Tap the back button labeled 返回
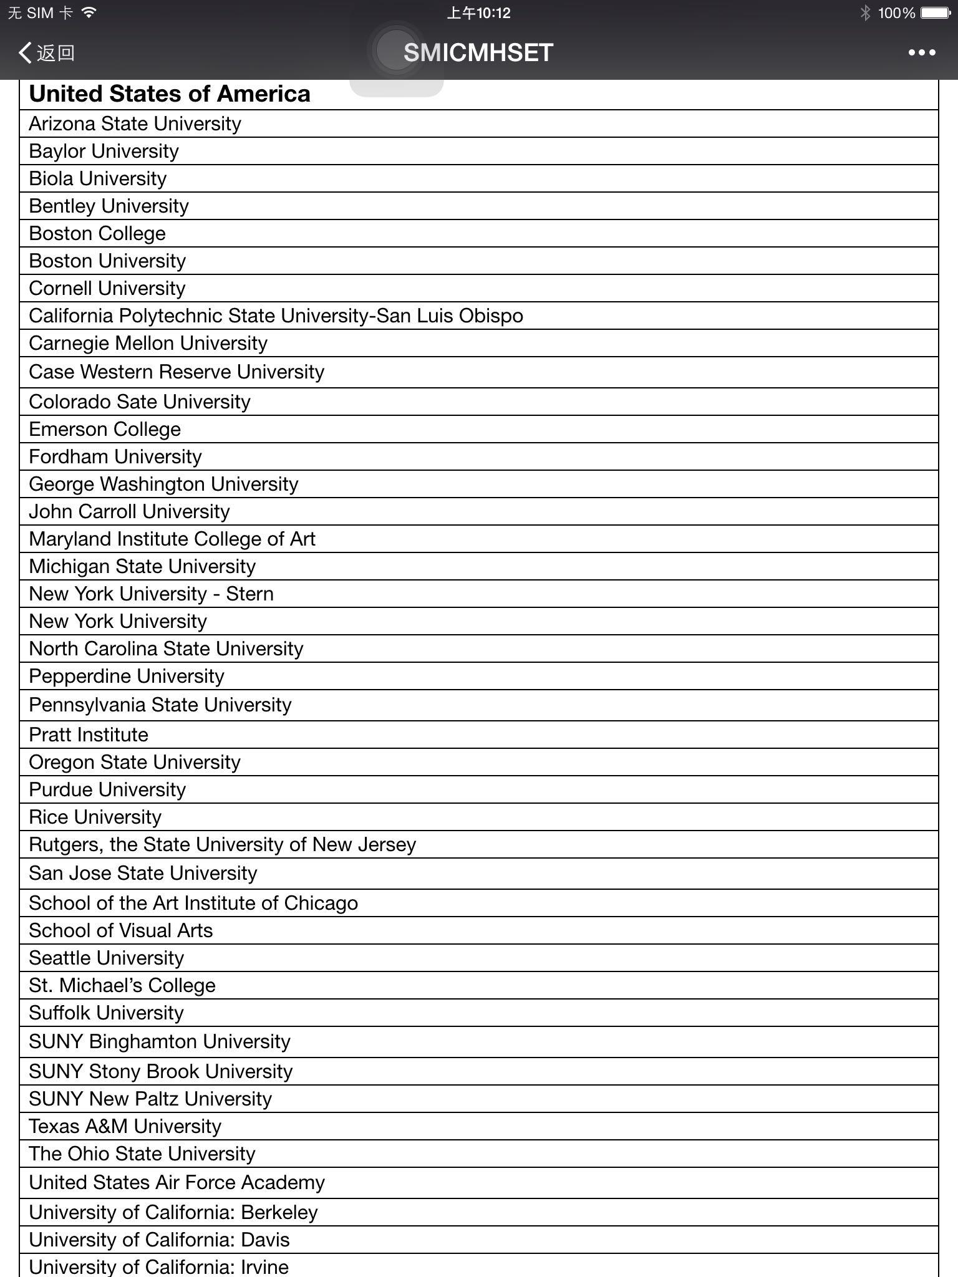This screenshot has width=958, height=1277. pyautogui.click(x=47, y=53)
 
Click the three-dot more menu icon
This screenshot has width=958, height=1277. pyautogui.click(x=921, y=53)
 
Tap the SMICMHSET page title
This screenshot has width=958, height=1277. pyautogui.click(x=478, y=53)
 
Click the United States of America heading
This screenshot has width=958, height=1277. pyautogui.click(x=170, y=94)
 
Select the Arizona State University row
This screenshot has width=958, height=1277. pyautogui.click(x=135, y=124)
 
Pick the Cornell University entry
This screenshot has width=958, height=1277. pyautogui.click(x=107, y=289)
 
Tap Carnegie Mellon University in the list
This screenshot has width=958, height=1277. pyautogui.click(x=148, y=344)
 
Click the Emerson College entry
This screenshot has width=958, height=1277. pyautogui.click(x=105, y=430)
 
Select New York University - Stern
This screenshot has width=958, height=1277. pyautogui.click(x=152, y=594)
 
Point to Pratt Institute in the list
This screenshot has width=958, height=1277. pyautogui.click(x=89, y=735)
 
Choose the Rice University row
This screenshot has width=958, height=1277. pyautogui.click(x=95, y=817)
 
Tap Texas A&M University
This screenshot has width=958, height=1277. pyautogui.click(x=125, y=1127)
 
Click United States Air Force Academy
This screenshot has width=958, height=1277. pyautogui.click(x=177, y=1183)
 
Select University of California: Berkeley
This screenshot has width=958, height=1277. pyautogui.click(x=173, y=1213)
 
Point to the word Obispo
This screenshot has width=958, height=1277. pyautogui.click(x=491, y=316)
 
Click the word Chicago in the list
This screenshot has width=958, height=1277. pyautogui.click(x=321, y=904)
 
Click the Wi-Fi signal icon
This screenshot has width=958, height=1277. pyautogui.click(x=89, y=12)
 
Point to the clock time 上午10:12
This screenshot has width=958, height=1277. pyautogui.click(x=478, y=13)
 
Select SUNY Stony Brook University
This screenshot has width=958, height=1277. pyautogui.click(x=161, y=1072)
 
